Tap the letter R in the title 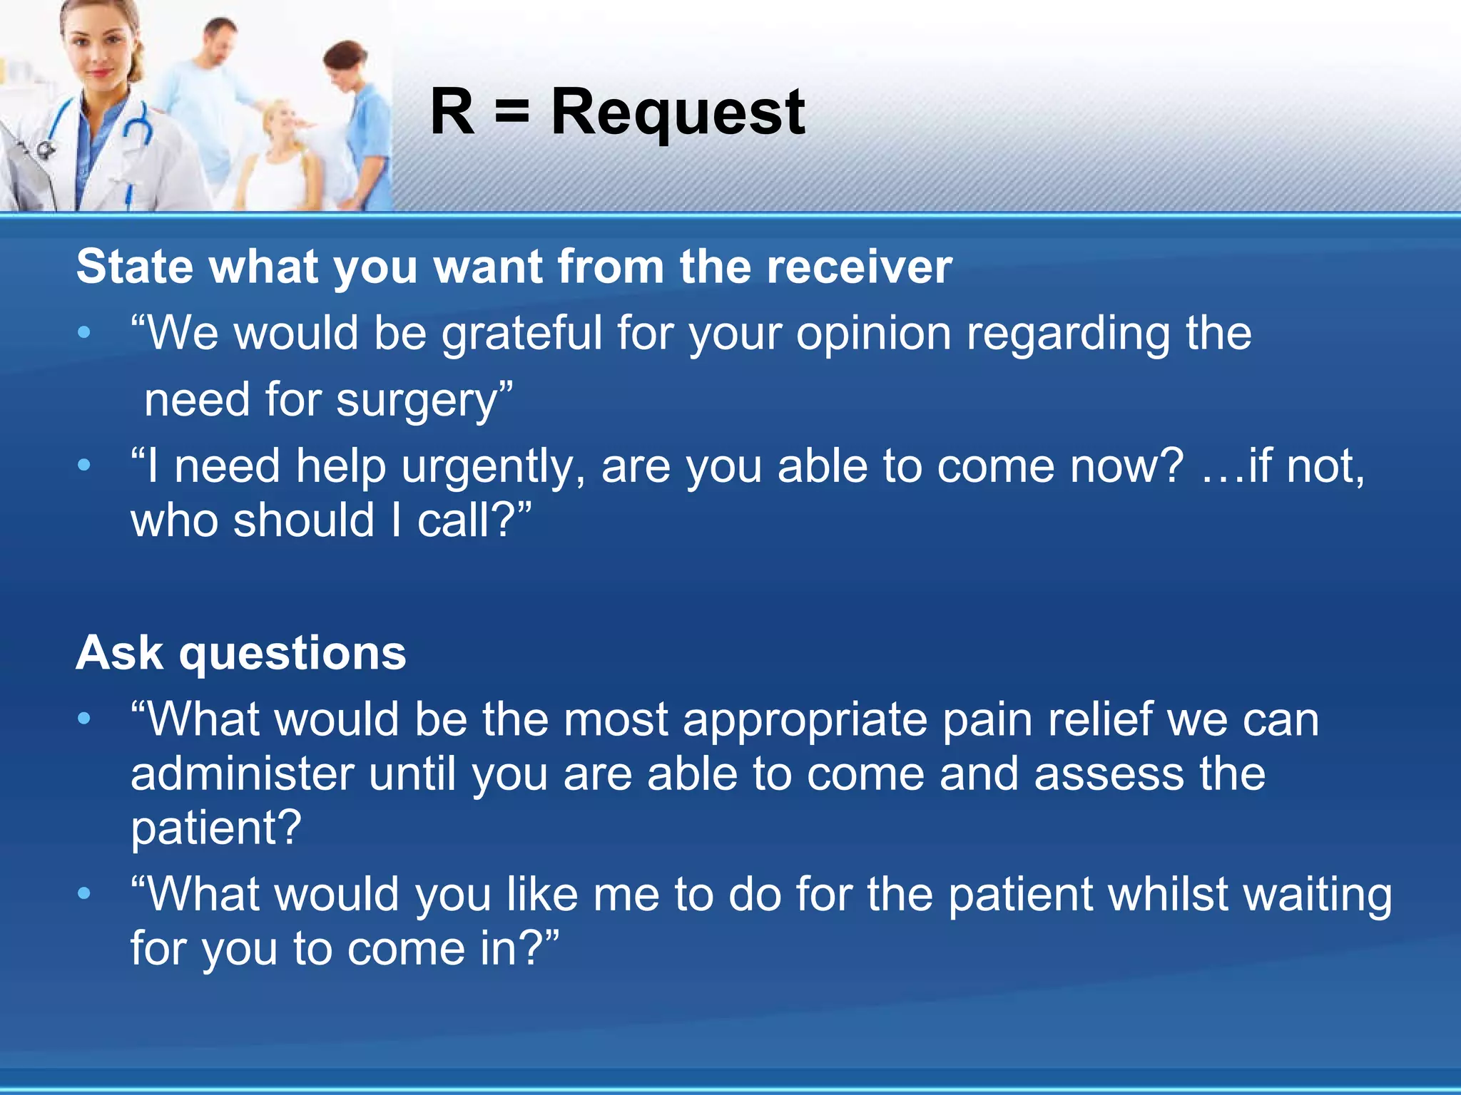pos(452,112)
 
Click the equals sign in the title pos(512,113)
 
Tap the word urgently pos(493,467)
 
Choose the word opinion pos(873,334)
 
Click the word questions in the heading pos(292,653)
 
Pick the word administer pos(243,774)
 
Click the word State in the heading pos(135,267)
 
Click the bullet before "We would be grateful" pos(84,332)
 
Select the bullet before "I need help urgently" pos(84,466)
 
